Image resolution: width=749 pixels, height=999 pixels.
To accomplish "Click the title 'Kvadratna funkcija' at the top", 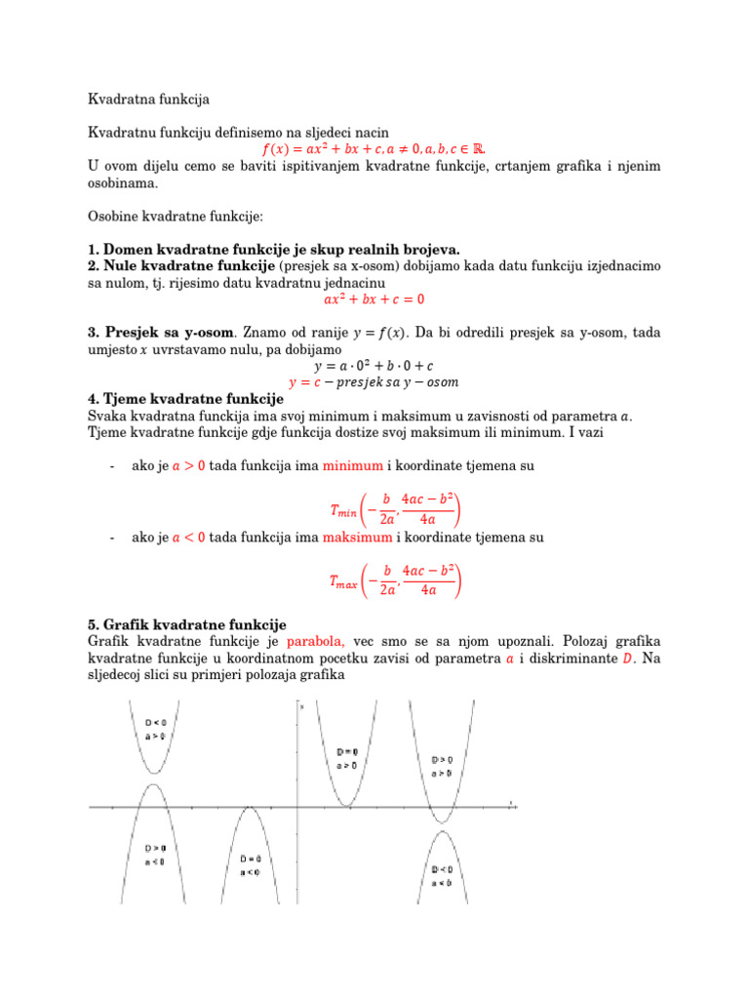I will tap(148, 100).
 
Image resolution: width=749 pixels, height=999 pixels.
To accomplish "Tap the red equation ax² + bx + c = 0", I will tap(374, 300).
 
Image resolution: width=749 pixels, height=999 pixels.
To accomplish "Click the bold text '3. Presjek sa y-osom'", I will tap(161, 333).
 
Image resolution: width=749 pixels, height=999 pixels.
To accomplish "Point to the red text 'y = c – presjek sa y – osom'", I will tap(374, 381).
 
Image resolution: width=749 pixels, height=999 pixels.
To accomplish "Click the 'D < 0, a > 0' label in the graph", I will tap(156, 730).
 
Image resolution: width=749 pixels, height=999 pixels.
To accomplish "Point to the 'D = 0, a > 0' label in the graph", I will tap(345, 759).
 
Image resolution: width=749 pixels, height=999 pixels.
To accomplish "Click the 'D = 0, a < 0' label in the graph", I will tap(250, 864).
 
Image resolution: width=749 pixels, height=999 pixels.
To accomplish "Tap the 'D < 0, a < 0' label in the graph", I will tap(442, 875).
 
